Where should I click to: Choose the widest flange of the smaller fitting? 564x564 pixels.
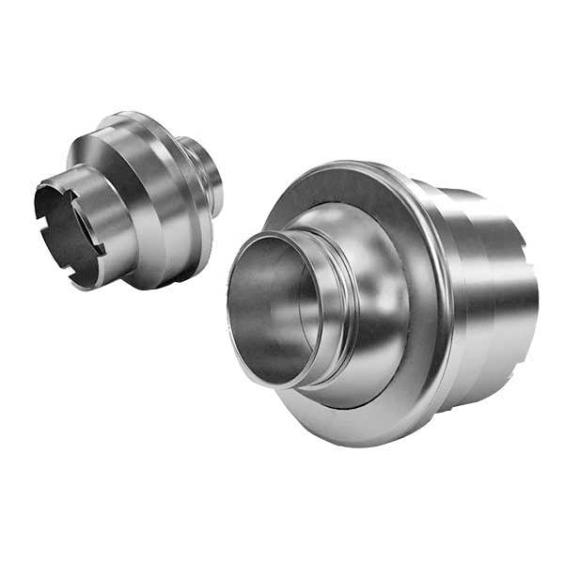coord(179,188)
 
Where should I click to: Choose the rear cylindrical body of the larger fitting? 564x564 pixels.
coord(489,301)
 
